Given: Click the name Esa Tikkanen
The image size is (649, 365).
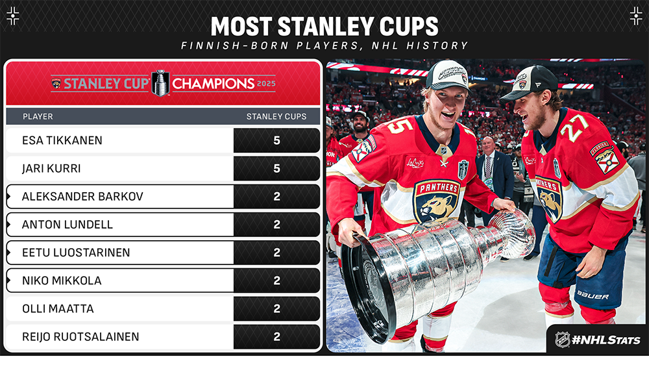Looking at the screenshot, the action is (x=62, y=140).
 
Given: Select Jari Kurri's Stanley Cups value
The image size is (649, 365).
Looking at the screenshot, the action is (x=276, y=169).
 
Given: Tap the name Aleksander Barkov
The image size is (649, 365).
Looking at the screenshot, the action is (x=82, y=196).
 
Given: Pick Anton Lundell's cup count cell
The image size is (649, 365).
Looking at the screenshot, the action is (x=276, y=225).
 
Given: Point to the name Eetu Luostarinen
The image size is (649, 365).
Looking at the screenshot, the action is (x=76, y=253).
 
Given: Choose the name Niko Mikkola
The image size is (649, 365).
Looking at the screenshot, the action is (x=62, y=281).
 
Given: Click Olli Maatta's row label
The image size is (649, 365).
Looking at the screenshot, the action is (x=58, y=308).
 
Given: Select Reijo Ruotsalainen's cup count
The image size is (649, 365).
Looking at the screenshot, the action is (x=276, y=337).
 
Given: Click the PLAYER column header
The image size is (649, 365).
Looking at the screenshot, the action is (x=38, y=116).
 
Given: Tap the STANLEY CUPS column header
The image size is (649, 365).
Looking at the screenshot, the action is (x=276, y=116).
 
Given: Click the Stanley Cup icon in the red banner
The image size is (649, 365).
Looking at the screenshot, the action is (x=160, y=83).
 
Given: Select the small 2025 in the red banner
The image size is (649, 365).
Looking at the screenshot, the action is (x=266, y=84).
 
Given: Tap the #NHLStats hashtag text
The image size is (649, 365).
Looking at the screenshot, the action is (x=606, y=340).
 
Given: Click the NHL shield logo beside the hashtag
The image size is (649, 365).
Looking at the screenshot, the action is (x=562, y=340).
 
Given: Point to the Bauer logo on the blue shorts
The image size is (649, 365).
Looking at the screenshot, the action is (x=593, y=296).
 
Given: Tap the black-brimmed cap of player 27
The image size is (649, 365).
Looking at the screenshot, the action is (x=528, y=83).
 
